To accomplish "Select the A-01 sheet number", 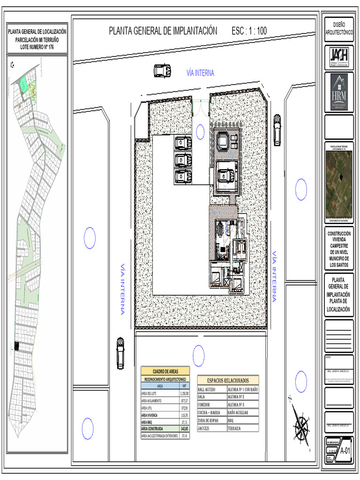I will coord(345,450).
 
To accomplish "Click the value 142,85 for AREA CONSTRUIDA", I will coord(184,429).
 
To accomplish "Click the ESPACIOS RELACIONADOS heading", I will coord(227,381).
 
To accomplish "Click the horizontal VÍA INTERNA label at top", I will coord(200,73).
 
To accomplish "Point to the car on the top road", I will coord(162,70).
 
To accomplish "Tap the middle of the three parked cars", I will coord(182,160).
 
